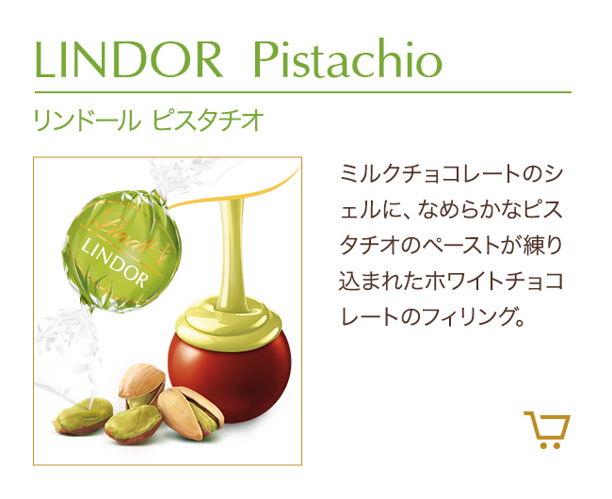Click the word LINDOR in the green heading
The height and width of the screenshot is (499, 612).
[129, 59]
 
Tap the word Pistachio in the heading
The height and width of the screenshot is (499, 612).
[347, 58]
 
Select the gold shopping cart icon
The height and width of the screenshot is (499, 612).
[547, 429]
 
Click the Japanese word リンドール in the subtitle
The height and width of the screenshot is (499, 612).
[88, 121]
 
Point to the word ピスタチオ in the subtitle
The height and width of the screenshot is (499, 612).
[208, 121]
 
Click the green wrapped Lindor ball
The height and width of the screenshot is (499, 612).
[121, 249]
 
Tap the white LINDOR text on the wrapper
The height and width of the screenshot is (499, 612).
[116, 264]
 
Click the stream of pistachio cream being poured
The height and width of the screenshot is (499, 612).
[232, 253]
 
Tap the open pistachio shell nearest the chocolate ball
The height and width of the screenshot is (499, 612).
[190, 412]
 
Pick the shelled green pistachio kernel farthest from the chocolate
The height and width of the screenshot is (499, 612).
[83, 416]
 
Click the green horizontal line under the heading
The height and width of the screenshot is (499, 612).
[303, 92]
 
